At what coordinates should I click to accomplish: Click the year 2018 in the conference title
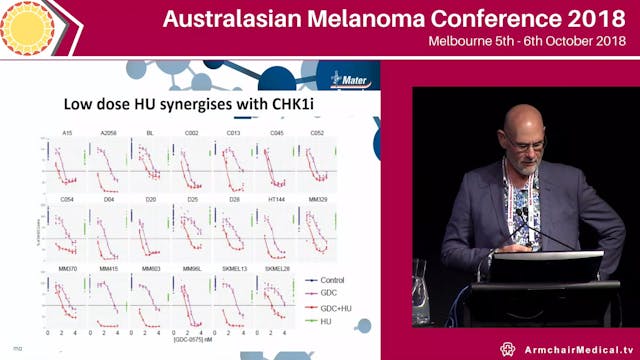(591, 19)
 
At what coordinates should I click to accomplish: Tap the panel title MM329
(318, 199)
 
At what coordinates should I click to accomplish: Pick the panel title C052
(318, 130)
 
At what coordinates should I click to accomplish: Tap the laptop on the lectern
(549, 264)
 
